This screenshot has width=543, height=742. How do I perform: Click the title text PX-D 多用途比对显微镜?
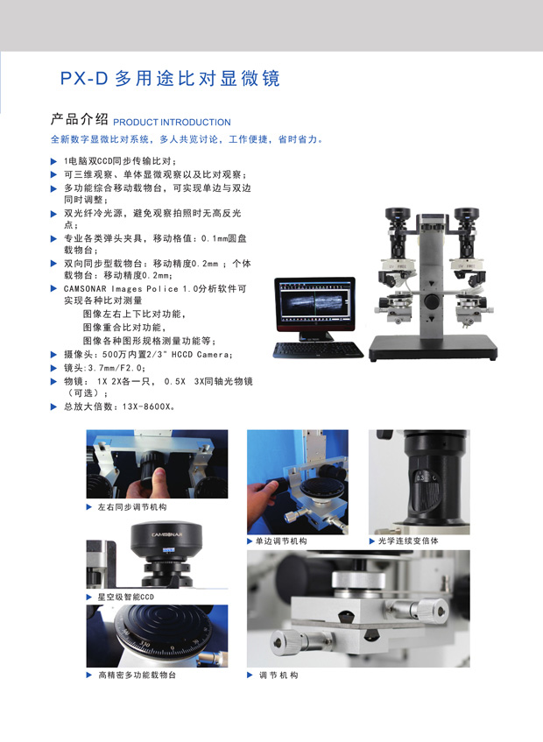tap(170, 78)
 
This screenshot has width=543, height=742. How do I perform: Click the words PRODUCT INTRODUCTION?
tap(172, 122)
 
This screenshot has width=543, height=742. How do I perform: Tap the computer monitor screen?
tap(314, 303)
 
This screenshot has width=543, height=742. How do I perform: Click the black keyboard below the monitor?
tap(317, 350)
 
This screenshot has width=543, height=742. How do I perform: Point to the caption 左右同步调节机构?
tap(132, 507)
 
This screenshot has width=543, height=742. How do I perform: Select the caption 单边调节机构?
tap(281, 541)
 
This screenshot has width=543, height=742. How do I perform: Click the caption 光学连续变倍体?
tap(408, 541)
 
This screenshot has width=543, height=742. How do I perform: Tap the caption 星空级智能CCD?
tap(126, 597)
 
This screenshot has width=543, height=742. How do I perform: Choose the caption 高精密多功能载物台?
tap(137, 675)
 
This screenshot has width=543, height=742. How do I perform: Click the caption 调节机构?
tap(279, 675)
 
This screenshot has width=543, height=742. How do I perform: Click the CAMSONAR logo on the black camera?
tap(166, 534)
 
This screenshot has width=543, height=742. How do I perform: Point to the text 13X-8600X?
tap(146, 406)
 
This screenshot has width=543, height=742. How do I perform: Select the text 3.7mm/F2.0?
tap(115, 368)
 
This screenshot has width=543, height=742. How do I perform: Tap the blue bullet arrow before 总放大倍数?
tap(53, 406)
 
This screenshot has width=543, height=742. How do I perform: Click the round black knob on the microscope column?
tap(431, 301)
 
